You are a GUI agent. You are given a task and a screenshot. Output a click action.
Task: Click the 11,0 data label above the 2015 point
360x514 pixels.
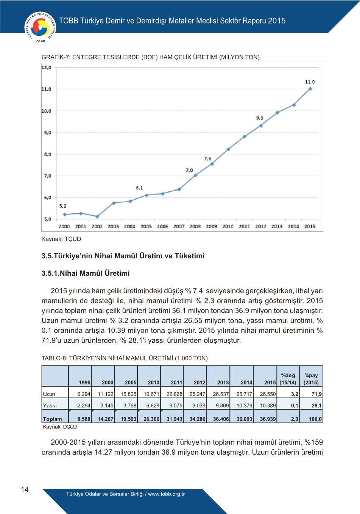[x=310, y=82]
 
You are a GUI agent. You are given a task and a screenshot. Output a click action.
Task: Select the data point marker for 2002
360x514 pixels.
[x=97, y=217]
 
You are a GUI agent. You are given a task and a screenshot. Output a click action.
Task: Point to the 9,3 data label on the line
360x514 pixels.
[x=260, y=118]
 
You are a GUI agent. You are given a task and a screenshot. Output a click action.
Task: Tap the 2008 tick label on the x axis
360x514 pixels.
[x=195, y=226]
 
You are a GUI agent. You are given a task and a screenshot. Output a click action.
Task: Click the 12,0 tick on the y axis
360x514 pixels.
[x=47, y=67]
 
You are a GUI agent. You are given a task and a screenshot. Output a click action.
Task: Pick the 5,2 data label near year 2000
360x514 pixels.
[x=63, y=206]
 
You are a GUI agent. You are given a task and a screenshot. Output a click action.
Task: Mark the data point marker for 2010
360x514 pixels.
[x=228, y=149]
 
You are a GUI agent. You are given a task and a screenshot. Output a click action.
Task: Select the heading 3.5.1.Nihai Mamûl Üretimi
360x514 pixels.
[x=86, y=273]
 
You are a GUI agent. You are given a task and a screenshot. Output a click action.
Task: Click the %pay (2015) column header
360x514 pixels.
[x=311, y=379]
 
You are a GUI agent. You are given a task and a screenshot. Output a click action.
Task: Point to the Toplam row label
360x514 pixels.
[x=53, y=419]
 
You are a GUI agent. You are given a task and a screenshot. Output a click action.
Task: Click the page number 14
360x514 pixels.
[x=25, y=489]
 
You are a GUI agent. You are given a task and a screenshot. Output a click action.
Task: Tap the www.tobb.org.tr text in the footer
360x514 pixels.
[x=166, y=494]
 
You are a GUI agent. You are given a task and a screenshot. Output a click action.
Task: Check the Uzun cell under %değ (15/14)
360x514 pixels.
[x=295, y=394]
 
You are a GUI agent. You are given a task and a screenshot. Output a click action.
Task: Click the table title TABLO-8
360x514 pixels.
[x=125, y=358]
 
